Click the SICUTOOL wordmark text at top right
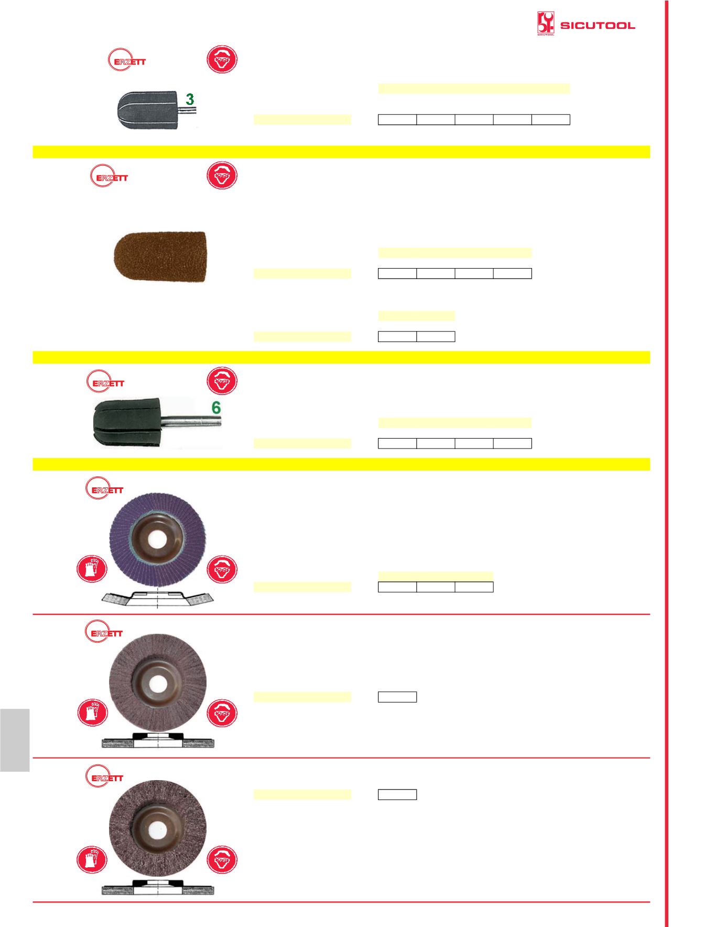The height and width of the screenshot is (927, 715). coord(598,25)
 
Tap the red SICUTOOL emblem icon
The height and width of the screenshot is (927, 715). coord(546,24)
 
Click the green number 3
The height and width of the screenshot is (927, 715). coord(190,99)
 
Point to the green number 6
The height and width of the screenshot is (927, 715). coord(216,408)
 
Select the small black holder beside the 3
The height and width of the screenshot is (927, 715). coord(151,109)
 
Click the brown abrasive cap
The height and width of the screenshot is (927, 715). coord(160,257)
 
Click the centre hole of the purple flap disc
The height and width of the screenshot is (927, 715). coord(158,539)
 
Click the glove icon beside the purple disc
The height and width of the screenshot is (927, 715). coord(92,569)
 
